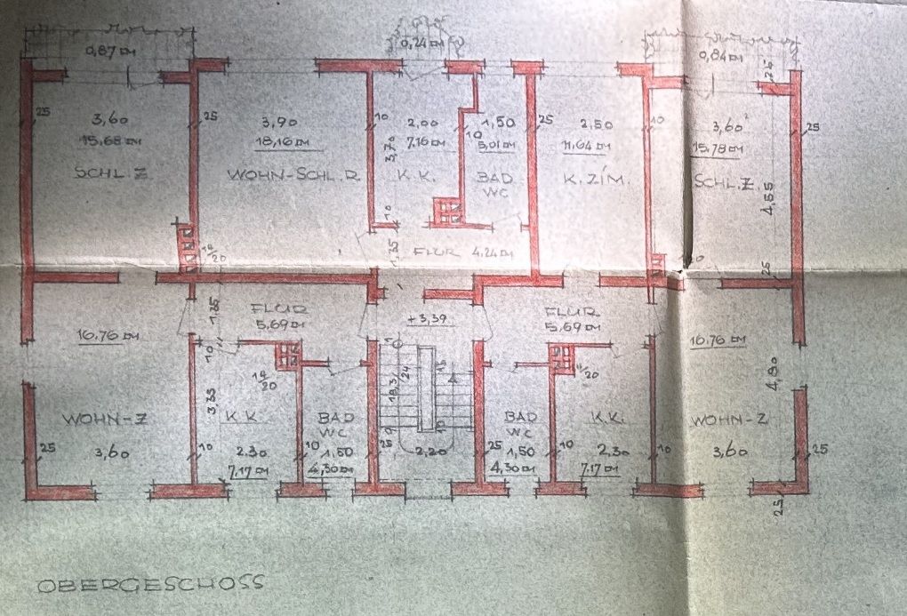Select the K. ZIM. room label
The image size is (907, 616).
pyautogui.click(x=596, y=180)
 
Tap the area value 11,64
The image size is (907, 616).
pyautogui.click(x=590, y=146)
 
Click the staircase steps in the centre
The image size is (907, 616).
pyautogui.click(x=425, y=396)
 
